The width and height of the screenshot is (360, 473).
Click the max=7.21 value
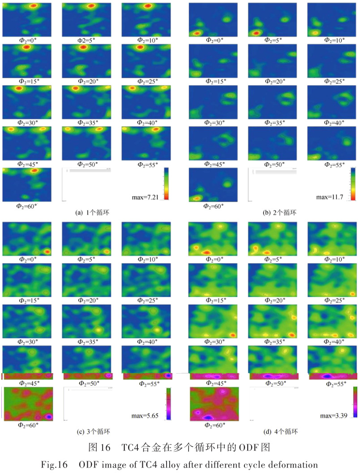click(x=153, y=198)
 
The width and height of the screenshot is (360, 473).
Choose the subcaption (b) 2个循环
click(x=280, y=213)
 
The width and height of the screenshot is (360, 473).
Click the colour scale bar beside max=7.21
click(x=166, y=183)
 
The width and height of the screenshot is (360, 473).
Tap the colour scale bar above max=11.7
click(x=353, y=184)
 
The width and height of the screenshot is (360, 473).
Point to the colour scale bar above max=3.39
click(x=355, y=402)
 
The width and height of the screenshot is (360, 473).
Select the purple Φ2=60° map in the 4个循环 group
click(x=214, y=403)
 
